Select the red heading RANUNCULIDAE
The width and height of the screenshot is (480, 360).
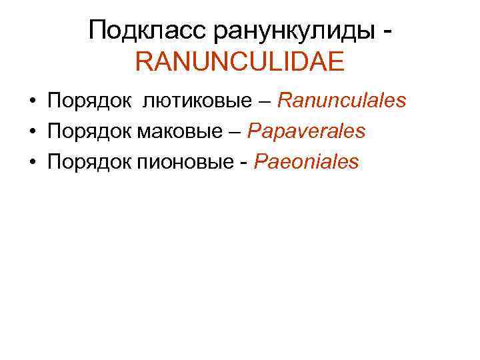tap(239, 63)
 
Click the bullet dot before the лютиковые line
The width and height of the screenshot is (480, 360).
tap(31, 102)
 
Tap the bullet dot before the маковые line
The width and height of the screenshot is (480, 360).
tap(31, 132)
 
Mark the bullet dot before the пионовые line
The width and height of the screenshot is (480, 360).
tap(31, 162)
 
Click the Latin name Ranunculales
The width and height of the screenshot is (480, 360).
tap(341, 101)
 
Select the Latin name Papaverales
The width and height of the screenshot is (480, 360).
tap(306, 131)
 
